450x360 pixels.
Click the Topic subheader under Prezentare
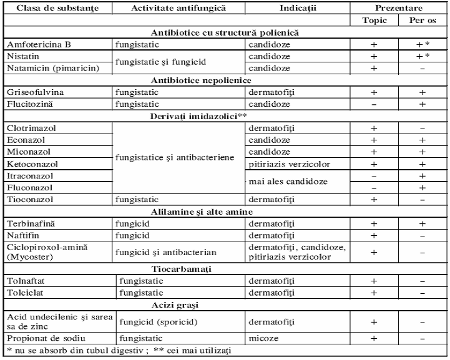(x=374, y=20)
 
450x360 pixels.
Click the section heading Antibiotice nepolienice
(x=225, y=80)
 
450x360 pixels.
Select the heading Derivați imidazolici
(x=226, y=115)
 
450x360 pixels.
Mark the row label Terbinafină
(x=29, y=223)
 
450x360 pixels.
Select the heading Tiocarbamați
(x=225, y=270)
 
